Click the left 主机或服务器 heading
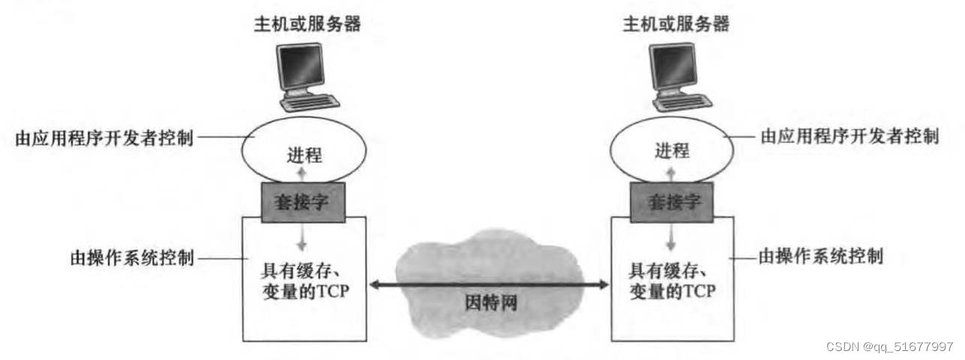(307, 24)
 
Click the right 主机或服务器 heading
(676, 24)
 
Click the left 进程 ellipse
(304, 154)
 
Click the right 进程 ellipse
(671, 150)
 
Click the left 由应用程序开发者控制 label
(104, 139)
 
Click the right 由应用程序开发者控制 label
(849, 136)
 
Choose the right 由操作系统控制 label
(820, 256)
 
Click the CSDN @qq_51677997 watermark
(889, 346)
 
